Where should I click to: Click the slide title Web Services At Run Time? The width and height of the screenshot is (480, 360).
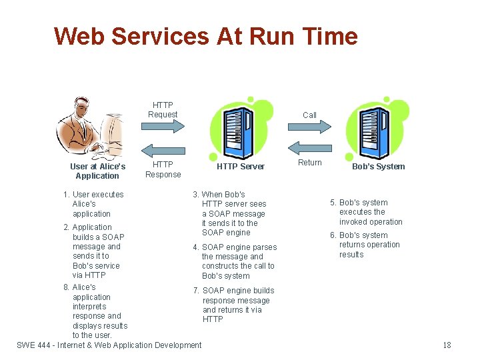pyautogui.click(x=205, y=36)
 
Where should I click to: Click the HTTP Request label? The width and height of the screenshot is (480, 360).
pyautogui.click(x=163, y=110)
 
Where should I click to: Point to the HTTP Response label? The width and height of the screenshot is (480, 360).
pyautogui.click(x=163, y=169)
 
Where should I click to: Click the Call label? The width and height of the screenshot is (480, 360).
pyautogui.click(x=309, y=115)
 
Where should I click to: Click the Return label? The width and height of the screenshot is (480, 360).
pyautogui.click(x=309, y=163)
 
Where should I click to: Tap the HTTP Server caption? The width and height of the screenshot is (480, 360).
pyautogui.click(x=240, y=167)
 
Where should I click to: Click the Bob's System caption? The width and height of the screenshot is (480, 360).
pyautogui.click(x=378, y=167)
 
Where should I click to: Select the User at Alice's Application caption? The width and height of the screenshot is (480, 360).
pyautogui.click(x=97, y=171)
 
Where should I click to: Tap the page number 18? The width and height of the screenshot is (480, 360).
pyautogui.click(x=447, y=345)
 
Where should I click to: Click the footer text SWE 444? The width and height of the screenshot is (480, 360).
pyautogui.click(x=109, y=345)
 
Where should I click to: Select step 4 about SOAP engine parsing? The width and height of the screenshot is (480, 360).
pyautogui.click(x=235, y=261)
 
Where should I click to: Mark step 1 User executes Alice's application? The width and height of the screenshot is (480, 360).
pyautogui.click(x=93, y=204)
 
